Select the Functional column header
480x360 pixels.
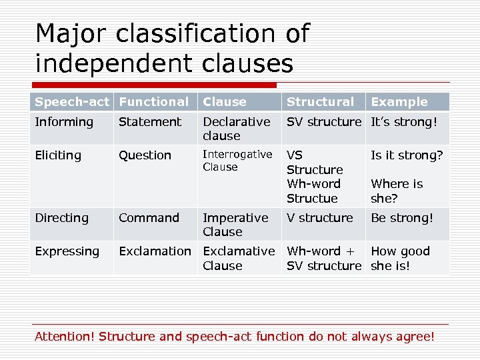153,102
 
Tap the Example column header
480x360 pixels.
399,102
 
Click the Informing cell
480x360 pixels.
64,122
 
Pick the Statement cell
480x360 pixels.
149,122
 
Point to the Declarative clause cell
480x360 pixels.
236,129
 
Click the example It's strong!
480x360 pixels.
404,122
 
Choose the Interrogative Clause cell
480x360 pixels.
237,161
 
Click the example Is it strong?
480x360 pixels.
407,155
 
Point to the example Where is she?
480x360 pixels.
397,191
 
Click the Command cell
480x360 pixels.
149,218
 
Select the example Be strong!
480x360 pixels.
401,218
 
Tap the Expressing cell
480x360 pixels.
67,251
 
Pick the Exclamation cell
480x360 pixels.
155,251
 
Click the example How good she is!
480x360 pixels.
400,258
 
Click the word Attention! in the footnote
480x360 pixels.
64,336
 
